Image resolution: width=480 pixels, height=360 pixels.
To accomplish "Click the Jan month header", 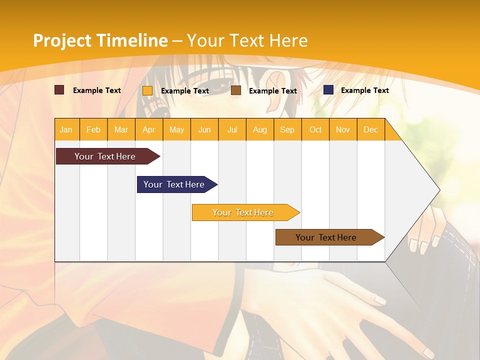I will pyautogui.click(x=66, y=129).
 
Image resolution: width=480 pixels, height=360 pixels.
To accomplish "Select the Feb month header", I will pyautogui.click(x=93, y=129).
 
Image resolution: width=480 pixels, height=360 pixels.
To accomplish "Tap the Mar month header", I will pyautogui.click(x=121, y=129).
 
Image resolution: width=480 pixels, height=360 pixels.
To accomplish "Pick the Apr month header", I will pyautogui.click(x=149, y=129).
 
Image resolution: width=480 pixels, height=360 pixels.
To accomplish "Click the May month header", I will pyautogui.click(x=176, y=129).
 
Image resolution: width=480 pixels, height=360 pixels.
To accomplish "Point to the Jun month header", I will pyautogui.click(x=204, y=129).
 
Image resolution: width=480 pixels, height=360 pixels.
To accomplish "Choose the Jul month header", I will pyautogui.click(x=232, y=129).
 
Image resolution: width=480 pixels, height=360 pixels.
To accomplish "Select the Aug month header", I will pyautogui.click(x=260, y=129).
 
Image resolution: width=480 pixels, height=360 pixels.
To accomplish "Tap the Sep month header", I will pyautogui.click(x=287, y=129).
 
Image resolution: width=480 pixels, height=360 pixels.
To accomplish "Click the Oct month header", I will pyautogui.click(x=315, y=129).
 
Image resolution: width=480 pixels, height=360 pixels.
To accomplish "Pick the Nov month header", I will pyautogui.click(x=343, y=129).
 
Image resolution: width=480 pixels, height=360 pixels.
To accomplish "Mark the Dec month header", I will pyautogui.click(x=371, y=129).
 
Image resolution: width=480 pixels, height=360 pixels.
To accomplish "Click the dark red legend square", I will pyautogui.click(x=59, y=90).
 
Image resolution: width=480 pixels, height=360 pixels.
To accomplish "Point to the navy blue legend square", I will pyautogui.click(x=328, y=90).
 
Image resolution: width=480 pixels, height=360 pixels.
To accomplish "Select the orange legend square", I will pyautogui.click(x=147, y=90).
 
